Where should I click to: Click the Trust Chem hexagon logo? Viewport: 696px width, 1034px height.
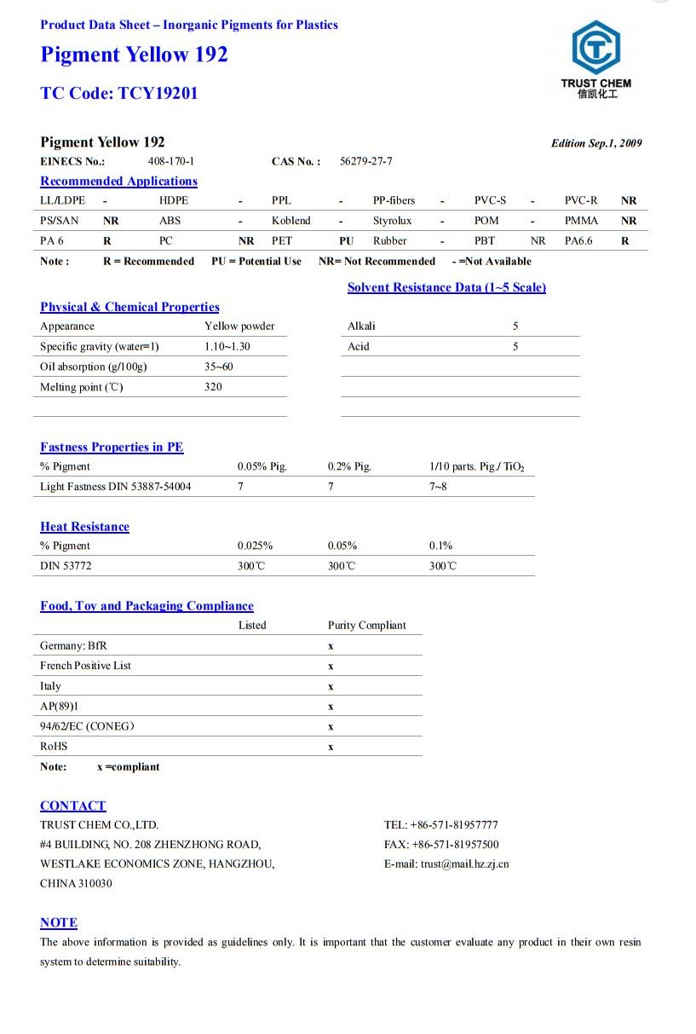tap(595, 49)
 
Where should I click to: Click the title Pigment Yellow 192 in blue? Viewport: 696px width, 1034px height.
tap(134, 55)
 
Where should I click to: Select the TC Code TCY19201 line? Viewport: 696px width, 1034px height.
tap(118, 93)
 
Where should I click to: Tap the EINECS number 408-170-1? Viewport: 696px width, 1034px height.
tap(171, 161)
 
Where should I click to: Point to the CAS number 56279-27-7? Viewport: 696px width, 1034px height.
tap(365, 161)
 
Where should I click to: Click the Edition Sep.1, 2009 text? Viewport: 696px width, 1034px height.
tap(596, 143)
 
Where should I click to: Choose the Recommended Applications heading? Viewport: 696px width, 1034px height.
tap(118, 181)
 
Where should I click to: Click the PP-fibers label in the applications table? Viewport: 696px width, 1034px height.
tap(394, 200)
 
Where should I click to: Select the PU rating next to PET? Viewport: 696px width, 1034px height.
tap(346, 241)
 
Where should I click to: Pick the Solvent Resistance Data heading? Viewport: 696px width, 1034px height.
tap(446, 287)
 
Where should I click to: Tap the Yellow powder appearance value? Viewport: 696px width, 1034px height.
tap(239, 326)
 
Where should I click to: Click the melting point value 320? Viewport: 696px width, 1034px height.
tap(213, 387)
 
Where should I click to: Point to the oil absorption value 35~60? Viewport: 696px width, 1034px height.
tap(219, 367)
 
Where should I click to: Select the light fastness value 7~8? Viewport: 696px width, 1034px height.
tap(438, 487)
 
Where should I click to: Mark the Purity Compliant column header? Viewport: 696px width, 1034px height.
tap(366, 625)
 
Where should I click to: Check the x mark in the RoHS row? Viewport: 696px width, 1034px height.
tap(331, 747)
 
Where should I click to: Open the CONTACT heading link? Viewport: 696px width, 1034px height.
tap(73, 806)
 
